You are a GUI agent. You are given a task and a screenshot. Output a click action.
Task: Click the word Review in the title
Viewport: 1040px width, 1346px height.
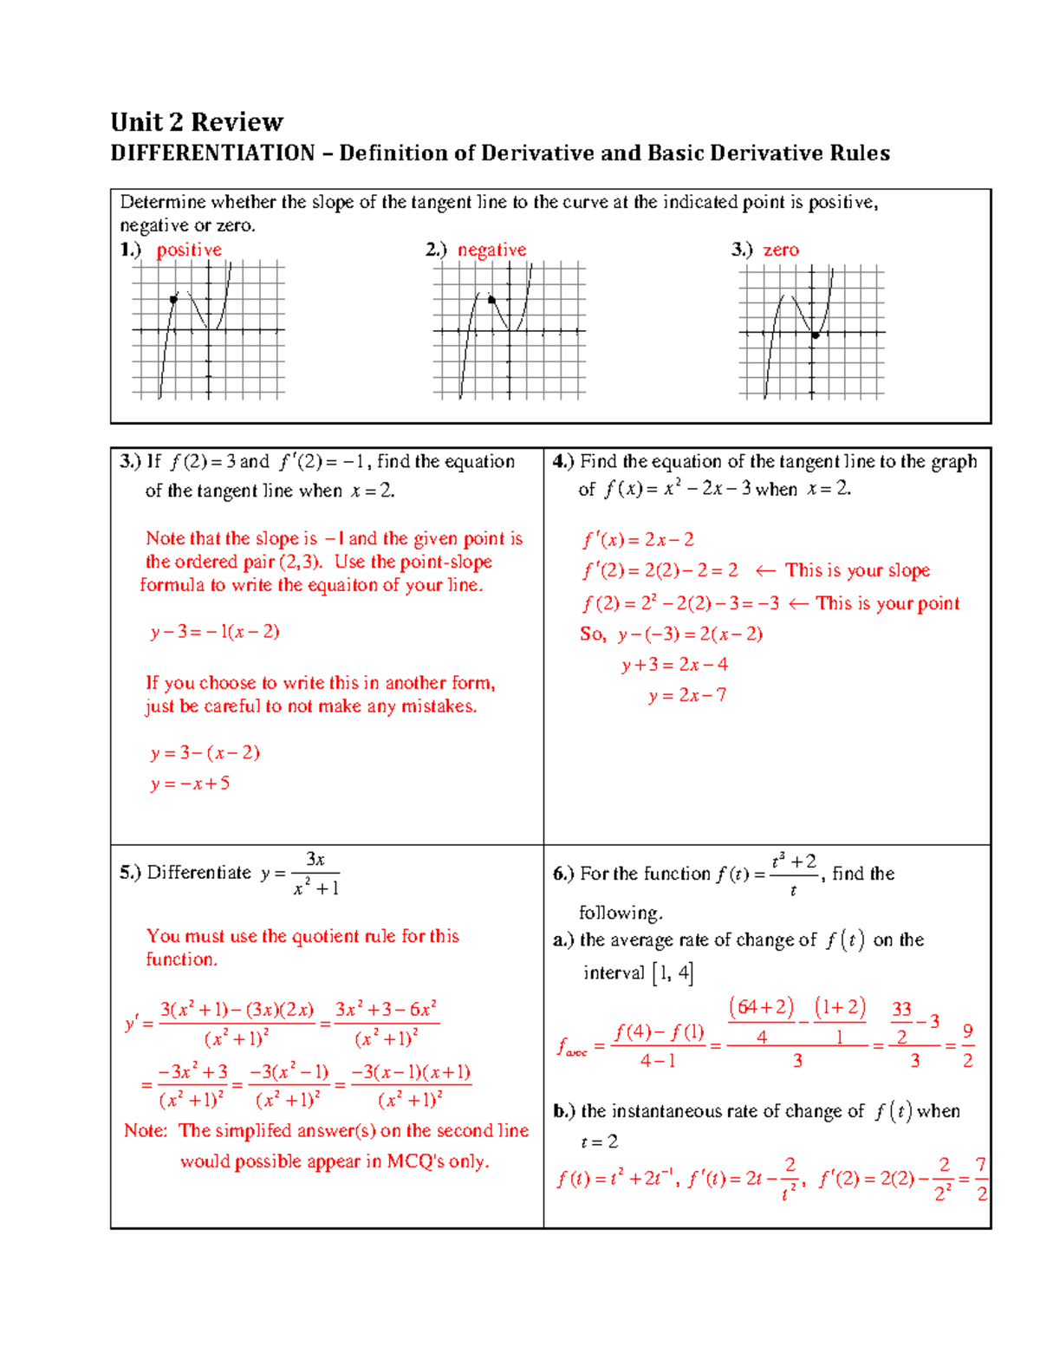pyautogui.click(x=237, y=121)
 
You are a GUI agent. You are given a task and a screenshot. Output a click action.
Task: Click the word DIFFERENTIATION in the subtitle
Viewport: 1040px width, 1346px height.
pyautogui.click(x=212, y=153)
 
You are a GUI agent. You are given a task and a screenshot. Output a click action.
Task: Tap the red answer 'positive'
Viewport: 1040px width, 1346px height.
pyautogui.click(x=189, y=250)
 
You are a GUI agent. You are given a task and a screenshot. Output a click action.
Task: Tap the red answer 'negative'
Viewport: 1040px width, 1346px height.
pyautogui.click(x=491, y=250)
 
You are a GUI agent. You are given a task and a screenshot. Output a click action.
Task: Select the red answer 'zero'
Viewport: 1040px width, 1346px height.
pyautogui.click(x=781, y=250)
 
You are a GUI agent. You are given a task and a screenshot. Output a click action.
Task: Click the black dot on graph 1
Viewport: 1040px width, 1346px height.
pyautogui.click(x=173, y=299)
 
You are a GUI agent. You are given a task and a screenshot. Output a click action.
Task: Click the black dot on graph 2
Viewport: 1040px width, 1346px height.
pyautogui.click(x=491, y=300)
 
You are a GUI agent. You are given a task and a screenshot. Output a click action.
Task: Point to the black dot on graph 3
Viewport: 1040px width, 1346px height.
pyautogui.click(x=816, y=335)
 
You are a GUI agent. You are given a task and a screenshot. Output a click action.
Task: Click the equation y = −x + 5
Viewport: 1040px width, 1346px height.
pyautogui.click(x=190, y=784)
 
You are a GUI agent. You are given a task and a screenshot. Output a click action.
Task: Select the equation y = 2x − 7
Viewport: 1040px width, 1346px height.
pyautogui.click(x=687, y=695)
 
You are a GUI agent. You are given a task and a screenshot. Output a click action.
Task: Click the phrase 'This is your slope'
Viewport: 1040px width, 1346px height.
pyautogui.click(x=857, y=570)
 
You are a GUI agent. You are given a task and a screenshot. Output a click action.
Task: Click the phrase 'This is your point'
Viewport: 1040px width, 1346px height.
pyautogui.click(x=887, y=603)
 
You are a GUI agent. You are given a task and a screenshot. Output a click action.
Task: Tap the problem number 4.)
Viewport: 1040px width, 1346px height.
pyautogui.click(x=563, y=461)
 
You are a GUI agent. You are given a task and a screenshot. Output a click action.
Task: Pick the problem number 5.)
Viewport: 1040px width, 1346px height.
pyautogui.click(x=130, y=872)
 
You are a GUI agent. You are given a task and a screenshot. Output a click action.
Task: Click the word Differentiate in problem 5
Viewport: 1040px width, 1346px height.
pyautogui.click(x=199, y=872)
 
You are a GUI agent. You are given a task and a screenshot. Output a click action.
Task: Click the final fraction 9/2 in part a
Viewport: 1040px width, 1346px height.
pyautogui.click(x=967, y=1045)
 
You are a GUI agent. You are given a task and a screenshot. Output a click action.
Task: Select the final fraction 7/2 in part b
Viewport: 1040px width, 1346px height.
pyautogui.click(x=981, y=1179)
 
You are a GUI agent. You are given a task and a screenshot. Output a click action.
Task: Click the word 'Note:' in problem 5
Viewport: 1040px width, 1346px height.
pyautogui.click(x=146, y=1130)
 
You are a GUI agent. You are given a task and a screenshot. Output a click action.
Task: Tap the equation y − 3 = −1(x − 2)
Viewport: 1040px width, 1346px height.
pyautogui.click(x=215, y=632)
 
